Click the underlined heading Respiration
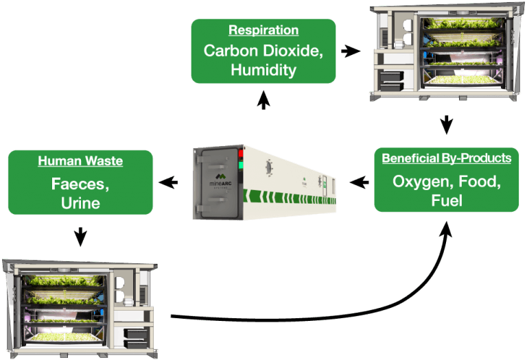[263, 31]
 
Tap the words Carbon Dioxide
[263, 51]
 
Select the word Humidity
[263, 69]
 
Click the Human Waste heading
[80, 162]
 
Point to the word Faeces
[80, 184]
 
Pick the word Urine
[80, 203]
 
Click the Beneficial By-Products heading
[447, 158]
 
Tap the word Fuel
[447, 201]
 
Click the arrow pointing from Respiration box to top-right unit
[351, 51]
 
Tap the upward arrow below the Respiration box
[263, 101]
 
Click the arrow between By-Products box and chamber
[358, 182]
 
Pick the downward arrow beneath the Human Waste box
[80, 237]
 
